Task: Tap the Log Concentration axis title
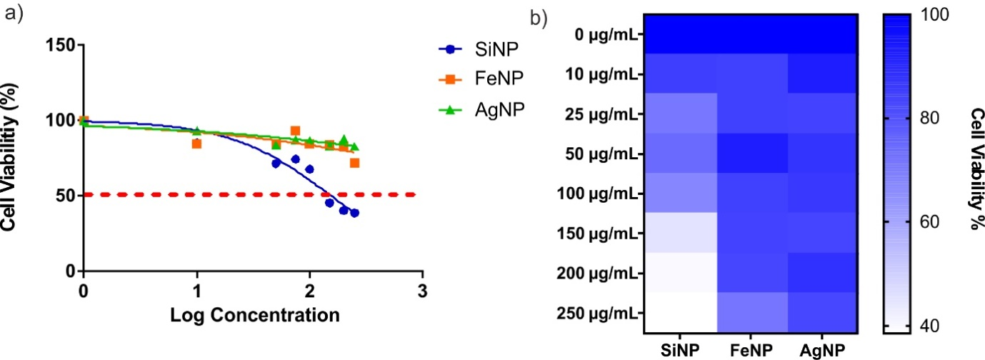(253, 314)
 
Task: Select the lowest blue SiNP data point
(354, 213)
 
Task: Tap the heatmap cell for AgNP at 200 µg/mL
(822, 272)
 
